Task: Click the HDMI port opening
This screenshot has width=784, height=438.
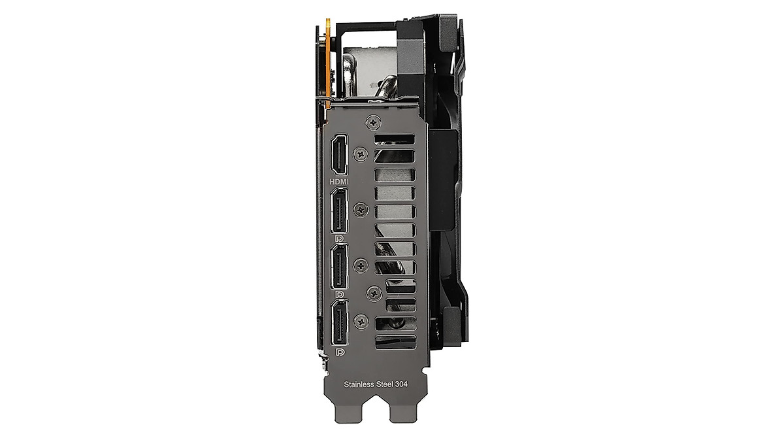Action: (339, 154)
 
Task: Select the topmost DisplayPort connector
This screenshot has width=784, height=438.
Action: (340, 211)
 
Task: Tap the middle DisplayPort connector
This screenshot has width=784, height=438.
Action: (340, 266)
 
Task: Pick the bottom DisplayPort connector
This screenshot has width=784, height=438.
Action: (340, 322)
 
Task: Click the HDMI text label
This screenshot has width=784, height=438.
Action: (339, 182)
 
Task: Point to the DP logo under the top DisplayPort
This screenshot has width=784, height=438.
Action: (339, 239)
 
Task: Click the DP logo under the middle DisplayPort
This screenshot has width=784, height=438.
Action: (339, 295)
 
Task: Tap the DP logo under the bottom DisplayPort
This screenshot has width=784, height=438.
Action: (340, 352)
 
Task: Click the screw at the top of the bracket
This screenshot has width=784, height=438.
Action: (374, 122)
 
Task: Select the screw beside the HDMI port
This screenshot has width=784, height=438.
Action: (361, 154)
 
